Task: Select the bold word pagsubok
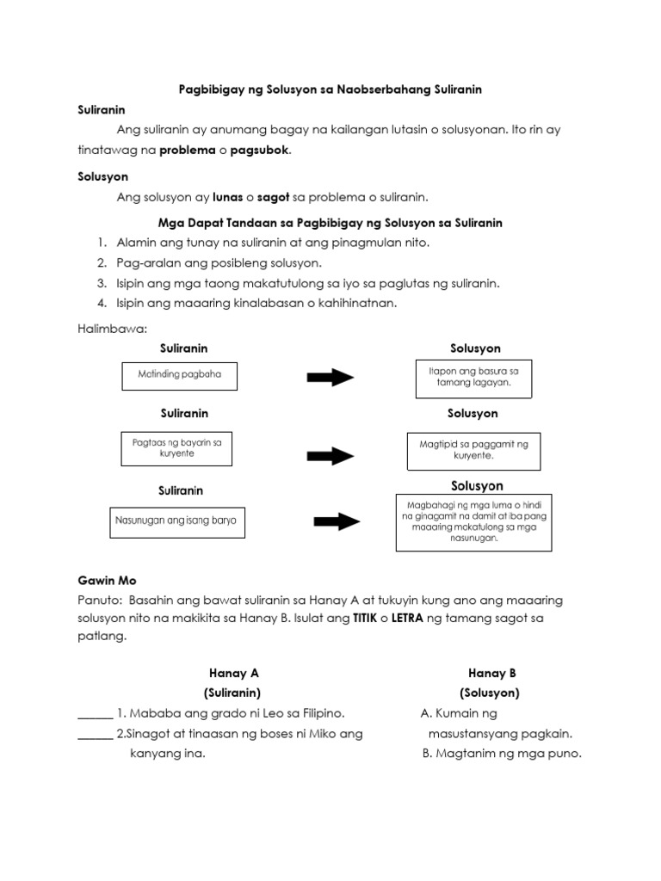[263, 150]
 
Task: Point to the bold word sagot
[273, 196]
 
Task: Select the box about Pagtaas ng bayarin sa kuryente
[176, 448]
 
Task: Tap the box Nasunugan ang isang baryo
[176, 521]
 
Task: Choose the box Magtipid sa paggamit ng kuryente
[473, 450]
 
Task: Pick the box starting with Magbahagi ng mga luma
[473, 522]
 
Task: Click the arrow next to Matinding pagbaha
[330, 377]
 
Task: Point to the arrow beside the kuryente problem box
[330, 455]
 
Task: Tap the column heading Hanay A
[233, 673]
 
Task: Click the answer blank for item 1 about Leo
[95, 714]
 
